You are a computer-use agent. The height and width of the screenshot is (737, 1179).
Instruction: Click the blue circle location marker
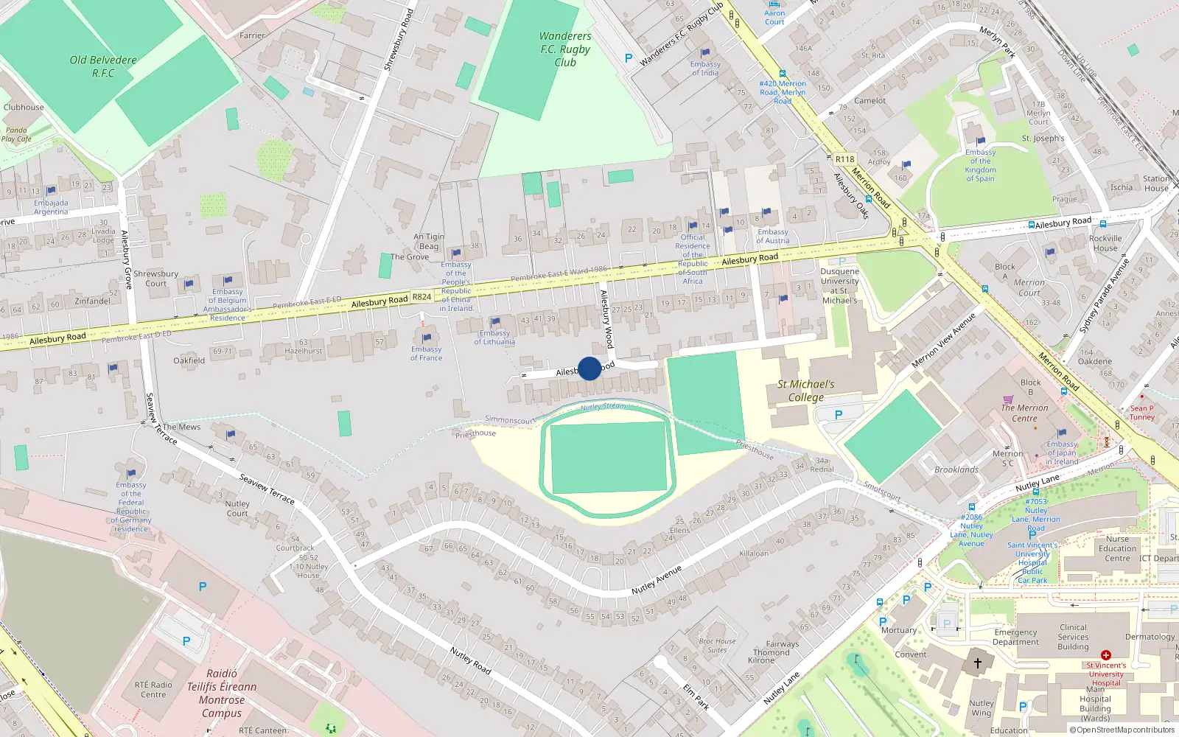click(589, 368)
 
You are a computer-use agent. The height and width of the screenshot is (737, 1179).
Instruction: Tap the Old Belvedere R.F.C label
click(103, 66)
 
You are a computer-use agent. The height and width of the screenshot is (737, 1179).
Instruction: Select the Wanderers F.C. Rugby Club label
click(565, 49)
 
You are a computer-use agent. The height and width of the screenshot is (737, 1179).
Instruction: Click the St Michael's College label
click(805, 391)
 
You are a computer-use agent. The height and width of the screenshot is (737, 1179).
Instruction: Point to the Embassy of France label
click(427, 354)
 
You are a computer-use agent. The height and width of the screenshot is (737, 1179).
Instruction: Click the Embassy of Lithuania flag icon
click(495, 322)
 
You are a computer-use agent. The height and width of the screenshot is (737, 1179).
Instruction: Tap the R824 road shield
click(421, 297)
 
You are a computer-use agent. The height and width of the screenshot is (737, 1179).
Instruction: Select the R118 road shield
click(844, 159)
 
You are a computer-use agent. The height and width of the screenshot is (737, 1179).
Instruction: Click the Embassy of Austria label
click(773, 236)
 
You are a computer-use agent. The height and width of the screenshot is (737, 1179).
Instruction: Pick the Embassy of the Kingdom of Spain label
click(980, 165)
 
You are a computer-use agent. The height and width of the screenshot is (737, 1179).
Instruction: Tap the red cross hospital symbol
click(1105, 654)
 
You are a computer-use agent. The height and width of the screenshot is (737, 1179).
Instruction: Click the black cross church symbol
click(978, 663)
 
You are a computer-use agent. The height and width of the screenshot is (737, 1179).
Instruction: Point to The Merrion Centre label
click(1024, 413)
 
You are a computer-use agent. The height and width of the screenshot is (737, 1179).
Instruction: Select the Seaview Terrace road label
click(267, 489)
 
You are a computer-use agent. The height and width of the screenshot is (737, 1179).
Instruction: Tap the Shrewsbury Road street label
click(399, 40)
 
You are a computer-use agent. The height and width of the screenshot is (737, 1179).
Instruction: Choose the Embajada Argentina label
click(51, 207)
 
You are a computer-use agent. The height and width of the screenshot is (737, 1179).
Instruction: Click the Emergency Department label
click(1015, 637)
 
